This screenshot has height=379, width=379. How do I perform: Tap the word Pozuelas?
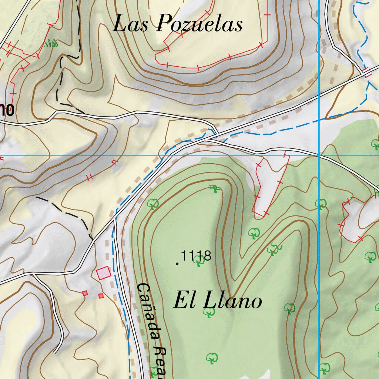pyautogui.click(x=199, y=24)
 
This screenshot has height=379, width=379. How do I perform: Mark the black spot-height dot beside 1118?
pyautogui.click(x=177, y=264)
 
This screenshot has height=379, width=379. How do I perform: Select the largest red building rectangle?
pyautogui.click(x=103, y=273)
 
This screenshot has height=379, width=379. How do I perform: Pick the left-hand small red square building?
pyautogui.click(x=85, y=293)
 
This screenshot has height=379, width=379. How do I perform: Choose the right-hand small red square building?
pyautogui.click(x=101, y=296)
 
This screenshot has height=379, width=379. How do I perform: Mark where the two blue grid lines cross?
pyautogui.click(x=319, y=155)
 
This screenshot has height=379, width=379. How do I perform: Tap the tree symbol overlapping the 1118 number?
pyautogui.click(x=199, y=261)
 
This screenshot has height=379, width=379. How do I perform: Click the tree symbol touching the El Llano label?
pyautogui.click(x=209, y=312)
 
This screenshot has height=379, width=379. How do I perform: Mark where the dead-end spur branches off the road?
pyautogui.click(x=33, y=274)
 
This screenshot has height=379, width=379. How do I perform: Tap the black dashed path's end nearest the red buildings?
pyautogui.click(x=91, y=238)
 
